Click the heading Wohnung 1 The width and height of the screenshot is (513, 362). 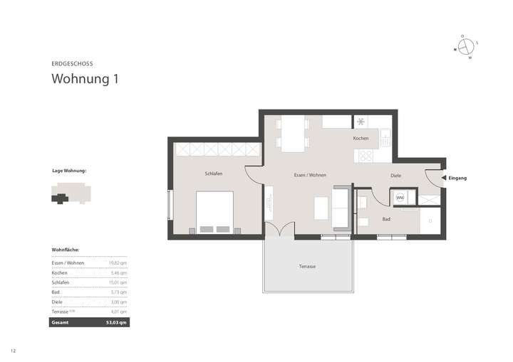click(84, 79)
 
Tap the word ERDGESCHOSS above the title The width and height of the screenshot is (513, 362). click(72, 63)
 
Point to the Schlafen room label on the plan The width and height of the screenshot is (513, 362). click(214, 174)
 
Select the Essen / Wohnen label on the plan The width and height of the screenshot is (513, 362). click(309, 174)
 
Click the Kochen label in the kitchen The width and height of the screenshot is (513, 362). click(361, 139)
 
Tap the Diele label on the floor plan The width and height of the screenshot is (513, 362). click(396, 174)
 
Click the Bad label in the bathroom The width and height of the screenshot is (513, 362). click(385, 219)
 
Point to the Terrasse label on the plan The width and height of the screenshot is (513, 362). click(308, 266)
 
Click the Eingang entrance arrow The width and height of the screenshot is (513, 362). click(443, 178)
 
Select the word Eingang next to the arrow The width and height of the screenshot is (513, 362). click(457, 178)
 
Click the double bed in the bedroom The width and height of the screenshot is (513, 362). click(214, 212)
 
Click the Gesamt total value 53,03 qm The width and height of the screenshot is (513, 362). click(116, 322)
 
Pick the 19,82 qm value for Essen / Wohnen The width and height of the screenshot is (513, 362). click(118, 263)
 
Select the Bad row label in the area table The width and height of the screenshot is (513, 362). click(56, 292)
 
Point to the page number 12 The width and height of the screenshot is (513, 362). click(13, 351)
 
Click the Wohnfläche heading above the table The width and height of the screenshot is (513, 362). click(66, 250)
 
